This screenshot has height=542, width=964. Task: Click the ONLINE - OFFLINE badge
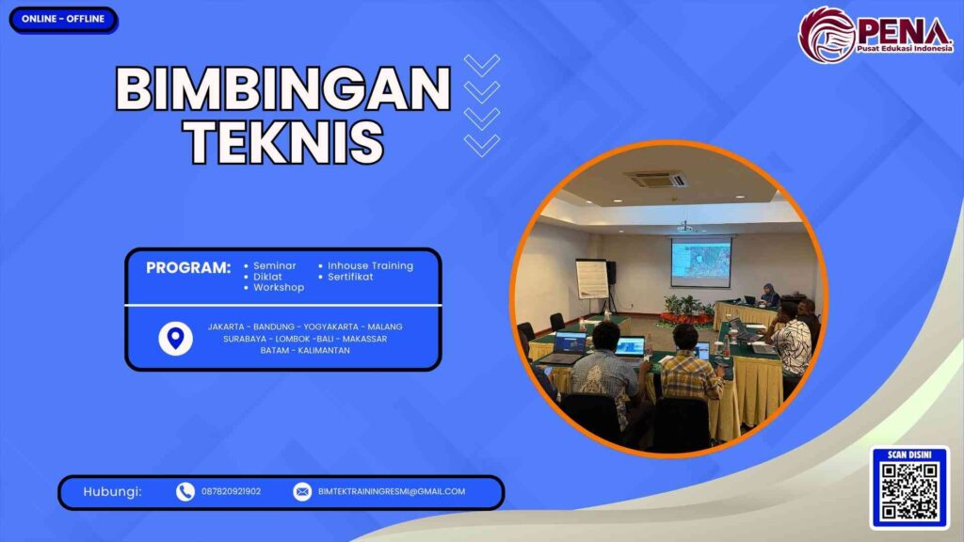coord(62,19)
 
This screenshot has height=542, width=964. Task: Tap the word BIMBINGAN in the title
coord(282,91)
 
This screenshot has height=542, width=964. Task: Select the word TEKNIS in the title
coord(282,143)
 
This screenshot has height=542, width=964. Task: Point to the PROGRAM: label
coord(187,267)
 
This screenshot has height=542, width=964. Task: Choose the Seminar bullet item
coord(274,266)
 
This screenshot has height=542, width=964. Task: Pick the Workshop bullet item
coord(278,287)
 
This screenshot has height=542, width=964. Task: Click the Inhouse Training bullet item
coord(369,266)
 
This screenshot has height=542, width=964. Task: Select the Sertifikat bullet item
coord(350,277)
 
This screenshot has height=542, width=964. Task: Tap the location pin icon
coord(175,338)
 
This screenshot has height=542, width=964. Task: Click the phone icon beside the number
coord(185,491)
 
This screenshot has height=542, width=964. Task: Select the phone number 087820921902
coord(232,491)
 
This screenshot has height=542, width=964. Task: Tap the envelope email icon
coord(302,491)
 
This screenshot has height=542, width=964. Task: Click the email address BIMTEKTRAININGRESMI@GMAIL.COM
coord(392,491)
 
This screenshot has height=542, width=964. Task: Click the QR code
coord(908,492)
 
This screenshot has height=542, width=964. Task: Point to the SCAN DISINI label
coord(908,454)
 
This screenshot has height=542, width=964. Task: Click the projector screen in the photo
coord(700,262)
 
